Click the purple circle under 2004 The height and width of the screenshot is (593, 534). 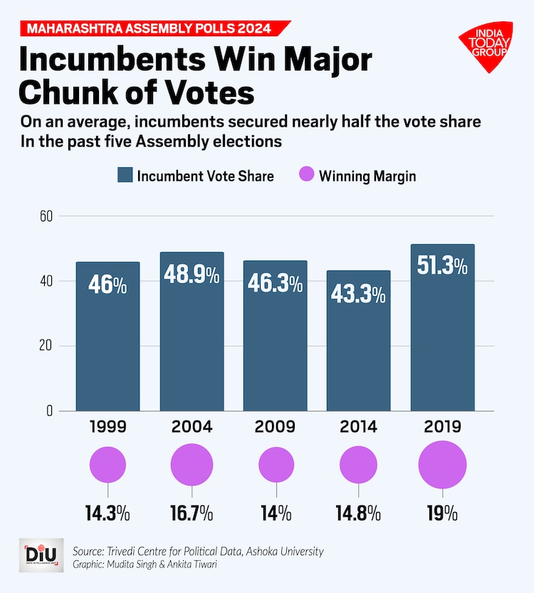(192, 464)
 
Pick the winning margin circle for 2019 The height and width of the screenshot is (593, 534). (442, 464)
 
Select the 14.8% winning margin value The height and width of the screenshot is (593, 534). (358, 513)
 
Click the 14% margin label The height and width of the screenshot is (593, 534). (275, 513)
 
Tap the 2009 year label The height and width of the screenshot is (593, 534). (275, 427)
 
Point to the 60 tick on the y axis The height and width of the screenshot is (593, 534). (47, 215)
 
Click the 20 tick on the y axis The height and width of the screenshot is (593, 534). (47, 346)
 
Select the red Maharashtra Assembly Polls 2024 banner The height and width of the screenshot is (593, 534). (150, 28)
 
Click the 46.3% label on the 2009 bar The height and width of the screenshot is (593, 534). (275, 283)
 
